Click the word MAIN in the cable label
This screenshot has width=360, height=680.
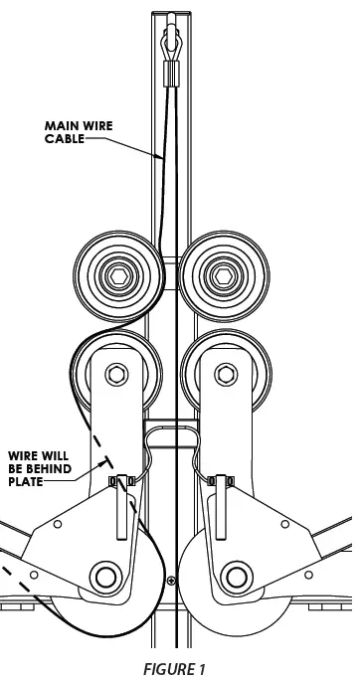pyautogui.click(x=59, y=125)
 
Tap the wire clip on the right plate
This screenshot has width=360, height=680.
pyautogui.click(x=222, y=482)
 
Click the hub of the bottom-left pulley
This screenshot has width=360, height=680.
pyautogui.click(x=103, y=575)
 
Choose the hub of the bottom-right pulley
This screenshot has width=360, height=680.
pyautogui.click(x=236, y=575)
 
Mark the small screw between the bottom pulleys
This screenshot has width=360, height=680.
pyautogui.click(x=171, y=580)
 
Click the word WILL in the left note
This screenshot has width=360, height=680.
pyautogui.click(x=56, y=456)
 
